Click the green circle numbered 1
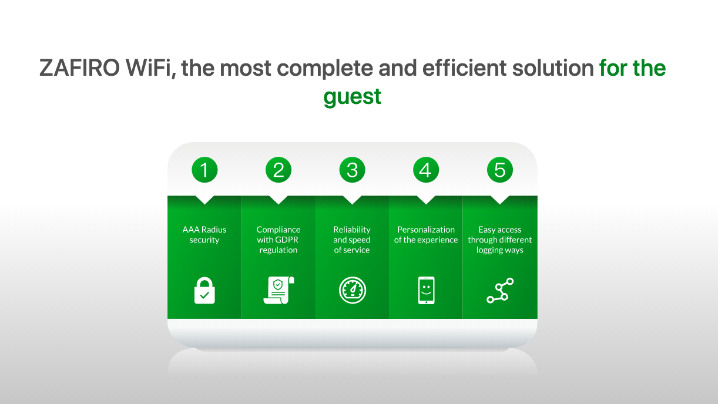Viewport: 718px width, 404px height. tap(204, 170)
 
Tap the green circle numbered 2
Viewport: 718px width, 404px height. tap(279, 170)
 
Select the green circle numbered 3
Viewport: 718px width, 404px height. tap(352, 170)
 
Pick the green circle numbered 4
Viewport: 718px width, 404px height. tap(425, 170)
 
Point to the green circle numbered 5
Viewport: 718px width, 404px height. tap(499, 170)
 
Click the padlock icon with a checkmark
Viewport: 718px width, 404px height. tap(204, 290)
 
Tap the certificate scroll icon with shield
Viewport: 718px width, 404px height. tap(279, 290)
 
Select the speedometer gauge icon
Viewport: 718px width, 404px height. tap(353, 290)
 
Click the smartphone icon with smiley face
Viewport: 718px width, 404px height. tap(427, 290)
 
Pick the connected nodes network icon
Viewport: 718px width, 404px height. tap(500, 290)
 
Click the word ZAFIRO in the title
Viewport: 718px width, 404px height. tap(79, 68)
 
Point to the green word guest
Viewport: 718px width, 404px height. tap(353, 96)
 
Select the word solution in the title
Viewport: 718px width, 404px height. tap(553, 68)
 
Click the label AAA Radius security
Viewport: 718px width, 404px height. tap(204, 234)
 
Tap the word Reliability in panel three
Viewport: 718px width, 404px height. tap(352, 230)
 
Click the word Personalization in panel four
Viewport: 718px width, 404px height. tap(426, 230)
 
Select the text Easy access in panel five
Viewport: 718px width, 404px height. tap(499, 230)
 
